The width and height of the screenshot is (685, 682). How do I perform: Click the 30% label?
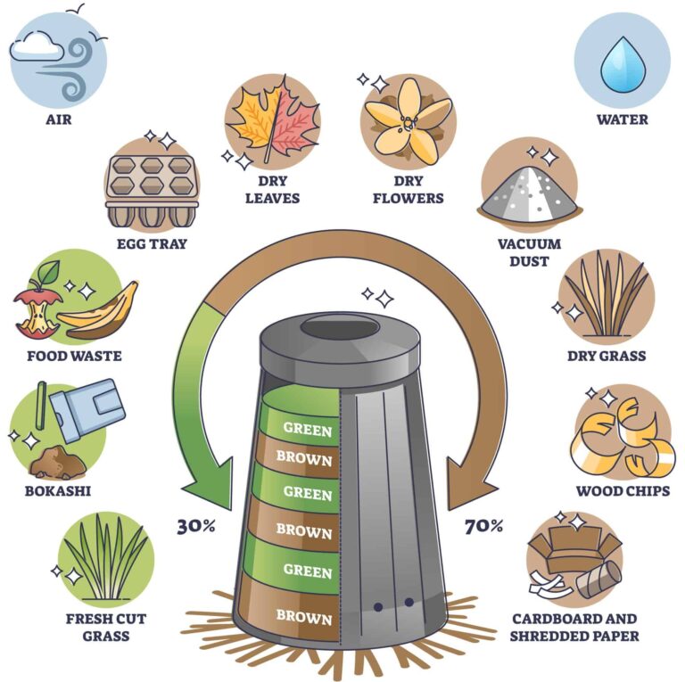(x=196, y=526)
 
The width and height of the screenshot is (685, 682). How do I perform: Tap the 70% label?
(x=484, y=526)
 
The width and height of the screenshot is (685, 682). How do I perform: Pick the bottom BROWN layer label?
(x=303, y=616)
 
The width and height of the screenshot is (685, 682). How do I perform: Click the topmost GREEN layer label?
(x=307, y=429)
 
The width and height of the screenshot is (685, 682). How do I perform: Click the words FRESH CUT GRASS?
(x=105, y=627)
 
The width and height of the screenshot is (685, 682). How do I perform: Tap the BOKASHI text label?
(x=59, y=490)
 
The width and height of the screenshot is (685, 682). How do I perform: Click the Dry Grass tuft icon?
(x=607, y=293)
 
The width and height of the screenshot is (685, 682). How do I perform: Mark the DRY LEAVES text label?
(x=272, y=190)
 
